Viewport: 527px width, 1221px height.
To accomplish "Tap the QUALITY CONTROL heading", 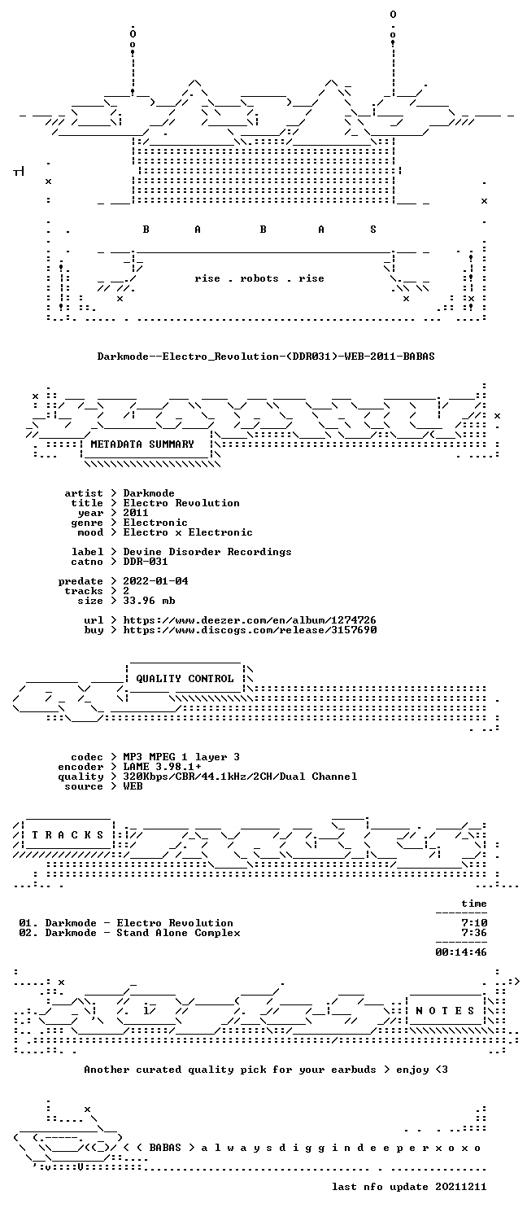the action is [185, 679].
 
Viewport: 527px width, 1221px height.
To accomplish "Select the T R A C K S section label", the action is [68, 835].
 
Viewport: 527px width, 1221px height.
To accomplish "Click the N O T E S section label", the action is [445, 1011].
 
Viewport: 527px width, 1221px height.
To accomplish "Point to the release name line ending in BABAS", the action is [266, 357].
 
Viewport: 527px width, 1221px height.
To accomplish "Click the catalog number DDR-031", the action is [146, 562].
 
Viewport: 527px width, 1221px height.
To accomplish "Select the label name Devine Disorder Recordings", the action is [207, 552].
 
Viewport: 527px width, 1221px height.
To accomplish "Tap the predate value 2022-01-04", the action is [155, 581].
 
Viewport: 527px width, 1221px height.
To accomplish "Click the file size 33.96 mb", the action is [149, 601].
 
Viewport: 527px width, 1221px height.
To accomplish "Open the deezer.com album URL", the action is [250, 620].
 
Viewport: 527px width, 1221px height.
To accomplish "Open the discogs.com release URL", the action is [250, 630].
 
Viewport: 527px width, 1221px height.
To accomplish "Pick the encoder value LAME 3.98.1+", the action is [162, 767].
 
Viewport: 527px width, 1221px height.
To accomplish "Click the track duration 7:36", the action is [473, 933].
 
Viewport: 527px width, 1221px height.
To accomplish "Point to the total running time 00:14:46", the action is [460, 952].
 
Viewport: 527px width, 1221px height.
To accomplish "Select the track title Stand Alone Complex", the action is [178, 933].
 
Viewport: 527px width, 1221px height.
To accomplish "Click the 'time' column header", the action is [473, 904].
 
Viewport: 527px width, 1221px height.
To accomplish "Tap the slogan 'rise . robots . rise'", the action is [259, 278].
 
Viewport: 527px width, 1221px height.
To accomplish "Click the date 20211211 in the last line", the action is [460, 1187].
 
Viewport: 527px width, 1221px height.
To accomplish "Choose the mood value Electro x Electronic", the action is [188, 532].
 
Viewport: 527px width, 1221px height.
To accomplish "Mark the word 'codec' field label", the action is [86, 756].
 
